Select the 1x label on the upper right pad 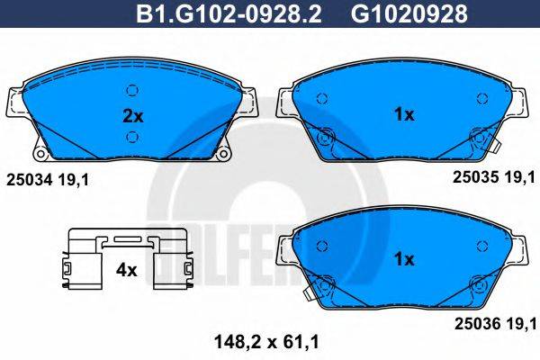(404, 114)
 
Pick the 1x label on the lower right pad (404, 259)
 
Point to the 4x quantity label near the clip (126, 269)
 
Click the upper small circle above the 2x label (133, 90)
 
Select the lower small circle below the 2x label (133, 137)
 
